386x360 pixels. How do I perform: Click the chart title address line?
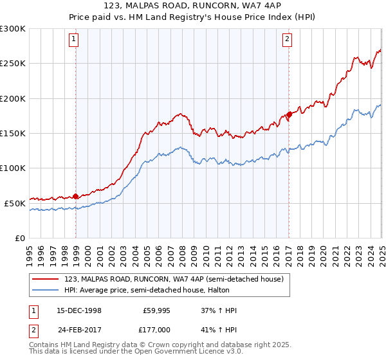(193, 6)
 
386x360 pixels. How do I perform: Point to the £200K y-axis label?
(13, 98)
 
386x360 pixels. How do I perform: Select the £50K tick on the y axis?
(15, 203)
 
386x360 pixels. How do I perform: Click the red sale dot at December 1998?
(76, 196)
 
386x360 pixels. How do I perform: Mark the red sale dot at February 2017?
(289, 114)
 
